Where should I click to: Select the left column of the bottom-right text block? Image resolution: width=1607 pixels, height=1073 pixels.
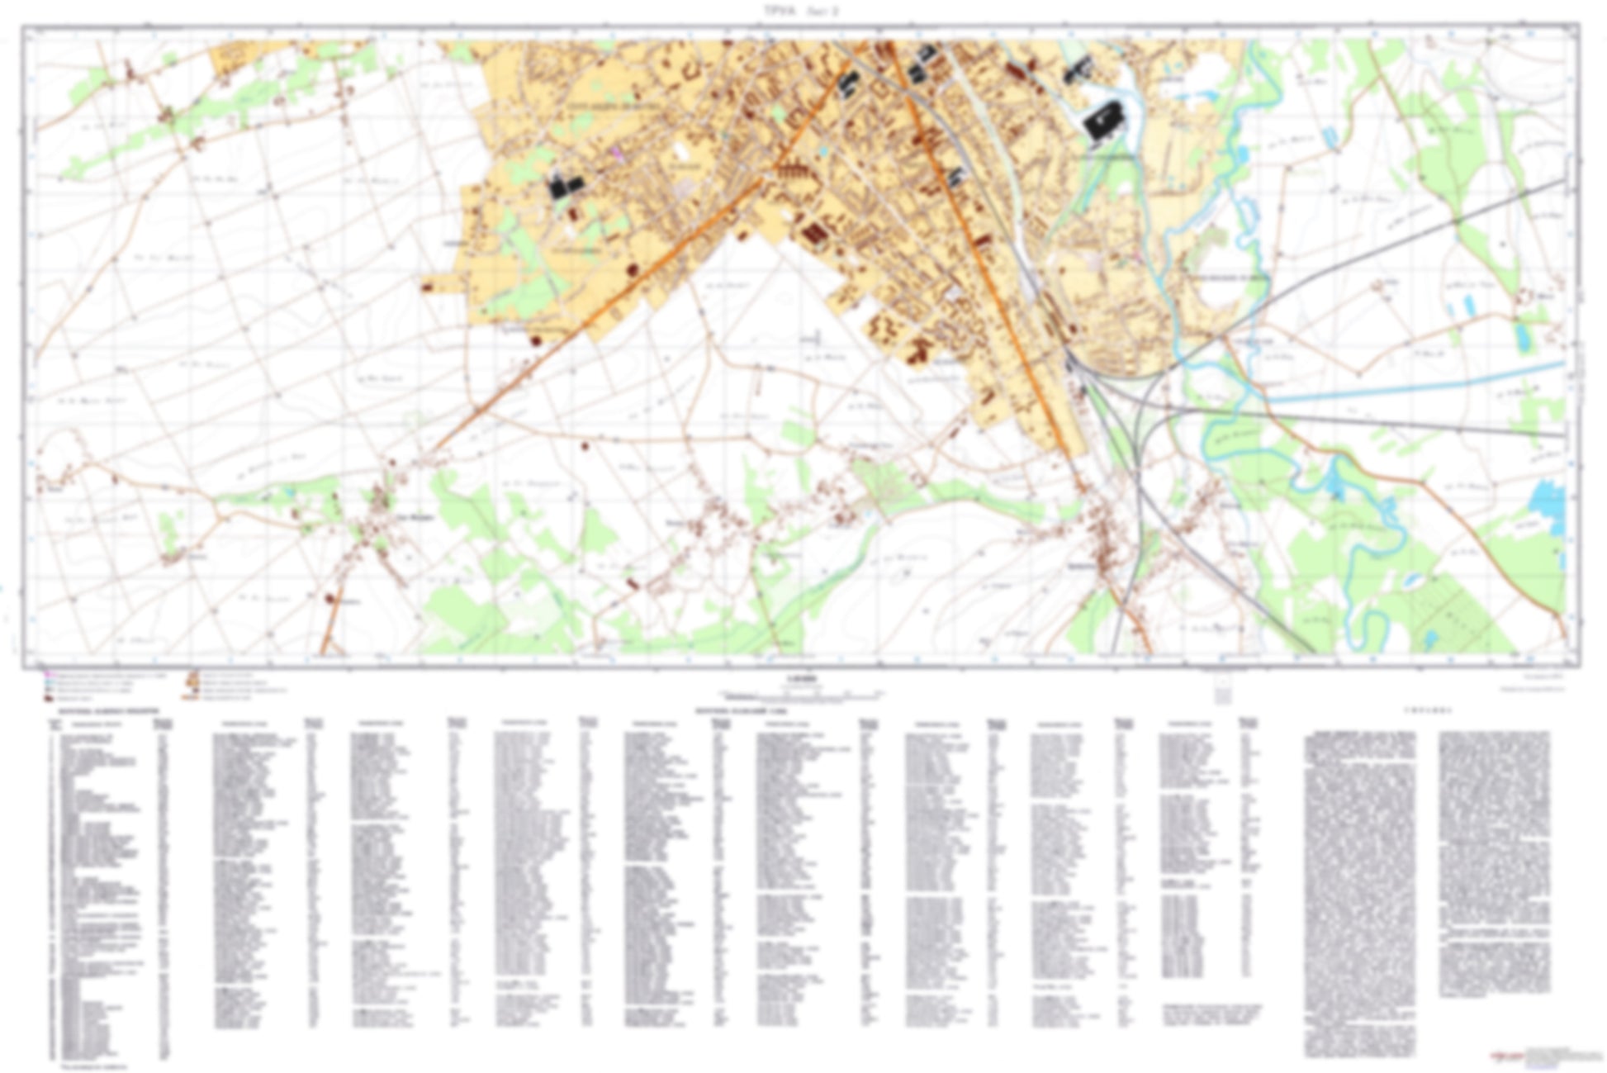point(1360,892)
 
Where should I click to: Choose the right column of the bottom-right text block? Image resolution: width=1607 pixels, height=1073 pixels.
point(1494,863)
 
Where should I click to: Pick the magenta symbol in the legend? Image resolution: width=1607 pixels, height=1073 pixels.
point(49,676)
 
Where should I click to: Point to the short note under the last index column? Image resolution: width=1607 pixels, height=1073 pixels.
point(1211,1014)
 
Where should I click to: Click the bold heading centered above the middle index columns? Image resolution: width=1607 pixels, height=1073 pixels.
point(740,710)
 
